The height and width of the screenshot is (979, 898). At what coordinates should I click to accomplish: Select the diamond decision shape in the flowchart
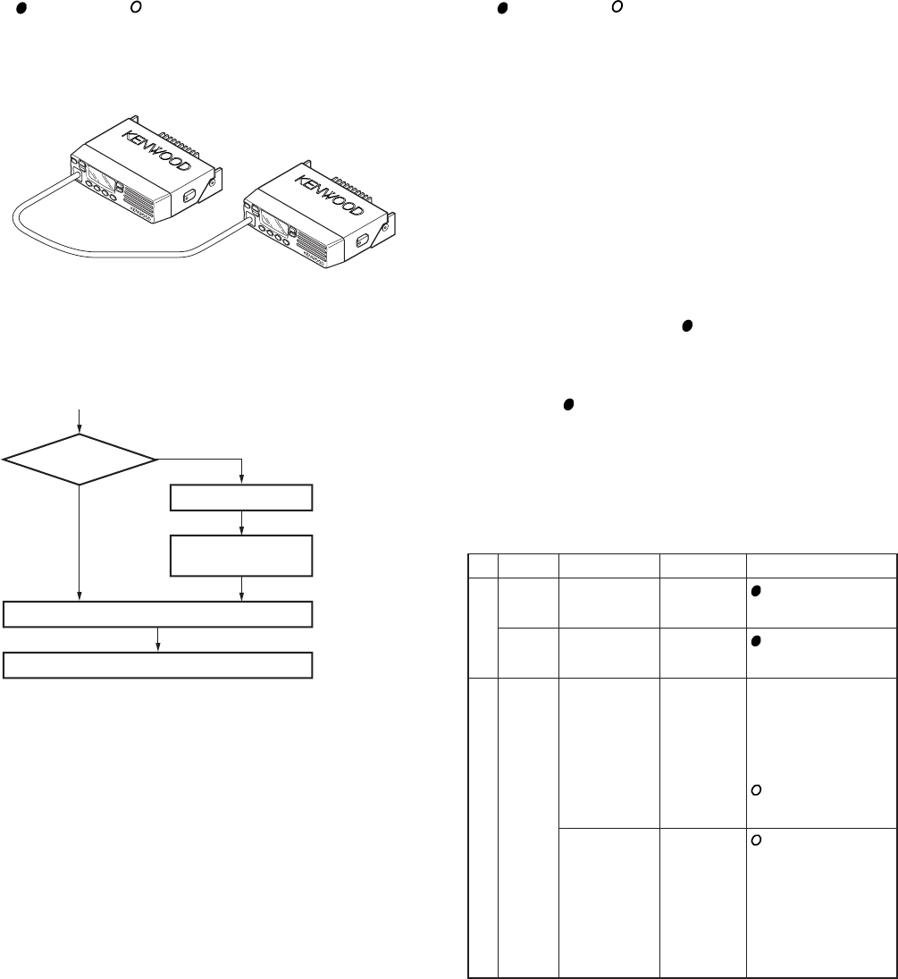(x=80, y=460)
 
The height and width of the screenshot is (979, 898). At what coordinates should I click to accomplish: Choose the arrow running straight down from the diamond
(x=80, y=542)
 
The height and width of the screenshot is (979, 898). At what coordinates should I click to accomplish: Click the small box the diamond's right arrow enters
(x=242, y=497)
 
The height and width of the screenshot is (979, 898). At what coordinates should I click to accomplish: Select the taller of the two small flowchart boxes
(x=242, y=555)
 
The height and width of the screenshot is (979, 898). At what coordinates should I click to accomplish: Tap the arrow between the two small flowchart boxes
(x=242, y=523)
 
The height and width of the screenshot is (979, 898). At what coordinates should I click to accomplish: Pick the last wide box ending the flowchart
(x=158, y=666)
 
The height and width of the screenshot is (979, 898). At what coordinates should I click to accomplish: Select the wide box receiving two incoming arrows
(x=158, y=614)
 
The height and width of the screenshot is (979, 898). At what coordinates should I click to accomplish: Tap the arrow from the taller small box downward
(x=242, y=588)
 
